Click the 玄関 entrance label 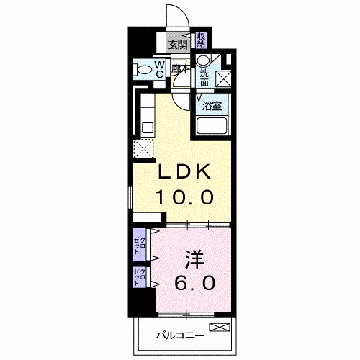tap(178, 44)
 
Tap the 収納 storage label tap(202, 39)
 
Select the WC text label tap(160, 69)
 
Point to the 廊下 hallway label tap(180, 69)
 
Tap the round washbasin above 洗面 tap(204, 60)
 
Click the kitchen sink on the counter tap(147, 127)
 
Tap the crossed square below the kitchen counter tap(143, 149)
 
